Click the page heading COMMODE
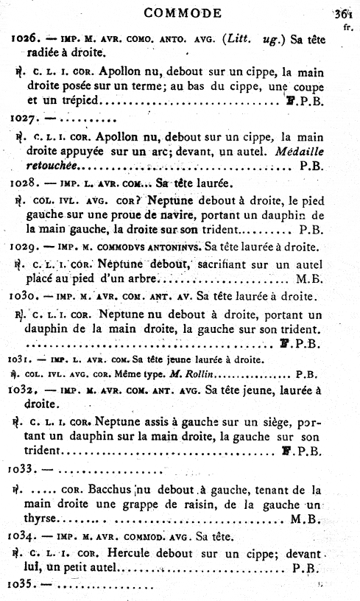pyautogui.click(x=183, y=13)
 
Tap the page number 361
pyautogui.click(x=342, y=13)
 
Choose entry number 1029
pyautogui.click(x=24, y=246)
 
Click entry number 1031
pyautogui.click(x=21, y=360)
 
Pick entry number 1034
pyautogui.click(x=24, y=536)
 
